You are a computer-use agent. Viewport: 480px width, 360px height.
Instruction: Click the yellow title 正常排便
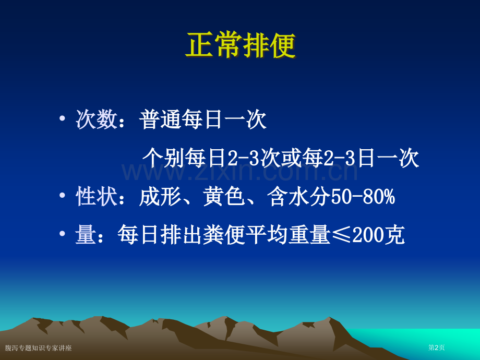tap(241, 45)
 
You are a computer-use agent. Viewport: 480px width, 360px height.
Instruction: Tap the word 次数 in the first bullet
tap(97, 119)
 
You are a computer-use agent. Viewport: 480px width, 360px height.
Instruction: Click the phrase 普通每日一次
tap(202, 119)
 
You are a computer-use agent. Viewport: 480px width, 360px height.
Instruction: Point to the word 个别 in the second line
tap(163, 158)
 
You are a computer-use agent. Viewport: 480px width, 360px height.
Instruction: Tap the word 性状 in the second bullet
tap(97, 196)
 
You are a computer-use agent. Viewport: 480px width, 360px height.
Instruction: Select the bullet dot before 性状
tap(63, 195)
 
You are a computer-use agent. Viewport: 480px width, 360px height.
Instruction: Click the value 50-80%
tap(363, 196)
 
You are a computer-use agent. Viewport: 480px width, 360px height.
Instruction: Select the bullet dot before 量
tap(63, 234)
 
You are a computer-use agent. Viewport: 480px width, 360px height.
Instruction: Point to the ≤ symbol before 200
tap(342, 235)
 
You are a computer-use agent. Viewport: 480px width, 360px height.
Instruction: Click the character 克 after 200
tap(394, 235)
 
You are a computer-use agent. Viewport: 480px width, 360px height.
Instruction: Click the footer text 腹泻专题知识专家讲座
tap(38, 348)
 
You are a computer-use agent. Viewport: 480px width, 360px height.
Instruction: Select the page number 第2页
tap(436, 347)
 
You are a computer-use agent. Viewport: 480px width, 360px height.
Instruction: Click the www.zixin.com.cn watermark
tap(239, 172)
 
